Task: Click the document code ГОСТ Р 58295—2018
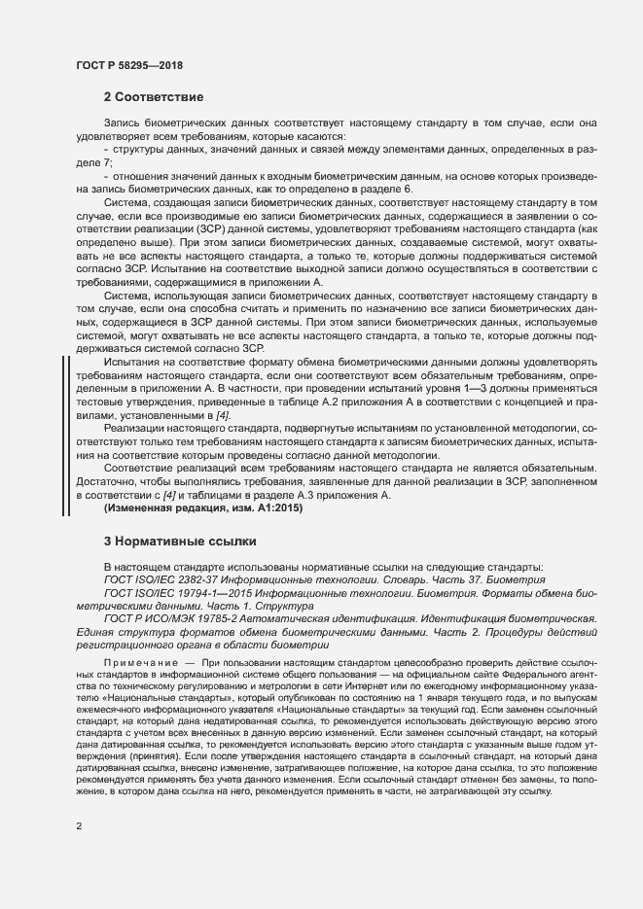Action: [128, 65]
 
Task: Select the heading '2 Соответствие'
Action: [154, 97]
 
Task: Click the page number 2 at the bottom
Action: [78, 827]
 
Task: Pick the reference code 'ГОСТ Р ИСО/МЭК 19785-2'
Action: [171, 618]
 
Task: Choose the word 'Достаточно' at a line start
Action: [107, 482]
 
